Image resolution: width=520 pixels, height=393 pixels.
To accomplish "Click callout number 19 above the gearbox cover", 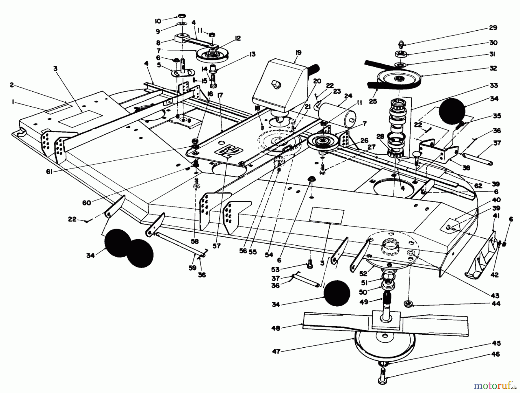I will coord(298,53).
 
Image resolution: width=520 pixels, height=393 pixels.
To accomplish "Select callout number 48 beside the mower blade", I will coord(276,328).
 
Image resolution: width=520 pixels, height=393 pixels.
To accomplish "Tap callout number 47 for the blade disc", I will coord(276,351).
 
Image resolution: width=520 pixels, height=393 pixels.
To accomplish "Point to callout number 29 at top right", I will coord(493,28).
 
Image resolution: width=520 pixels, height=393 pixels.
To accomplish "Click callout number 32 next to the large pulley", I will coord(493,68).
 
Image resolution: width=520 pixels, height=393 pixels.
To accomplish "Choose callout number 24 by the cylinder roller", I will coord(348,96).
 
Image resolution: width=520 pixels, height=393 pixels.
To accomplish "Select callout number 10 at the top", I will coord(158,21).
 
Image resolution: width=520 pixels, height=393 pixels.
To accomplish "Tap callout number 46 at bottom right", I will coord(496,354).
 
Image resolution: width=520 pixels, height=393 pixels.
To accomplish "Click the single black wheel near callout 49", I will coord(337,293).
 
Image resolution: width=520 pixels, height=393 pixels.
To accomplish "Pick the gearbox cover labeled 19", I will coord(277,87).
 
